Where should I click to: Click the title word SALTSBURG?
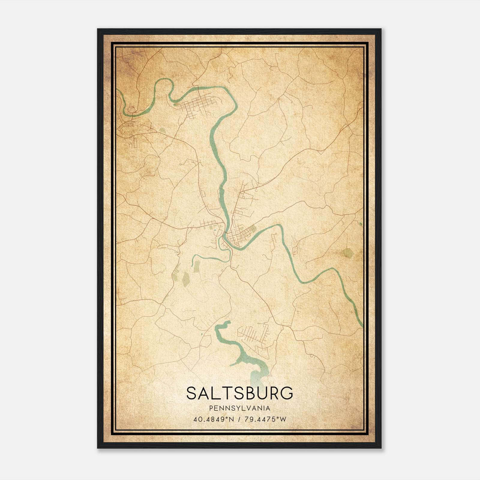pyautogui.click(x=239, y=393)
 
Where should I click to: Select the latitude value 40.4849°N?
pyautogui.click(x=214, y=419)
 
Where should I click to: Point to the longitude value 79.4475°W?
pyautogui.click(x=265, y=419)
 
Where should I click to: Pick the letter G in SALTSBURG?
pyautogui.click(x=286, y=393)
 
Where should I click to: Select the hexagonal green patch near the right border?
pyautogui.click(x=347, y=253)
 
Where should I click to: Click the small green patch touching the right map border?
pyautogui.click(x=360, y=223)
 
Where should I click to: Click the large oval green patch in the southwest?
pyautogui.click(x=186, y=279)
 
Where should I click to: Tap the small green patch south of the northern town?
pyautogui.click(x=162, y=131)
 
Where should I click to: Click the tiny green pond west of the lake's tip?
pyautogui.click(x=202, y=334)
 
